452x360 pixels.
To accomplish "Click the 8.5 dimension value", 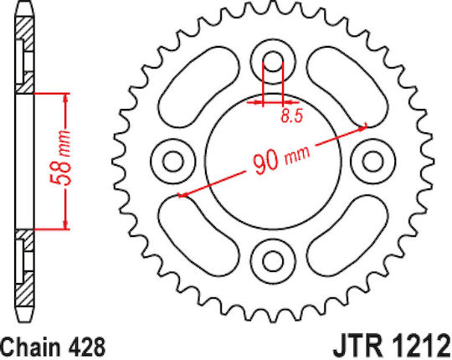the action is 292,116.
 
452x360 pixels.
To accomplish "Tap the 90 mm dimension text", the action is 281,160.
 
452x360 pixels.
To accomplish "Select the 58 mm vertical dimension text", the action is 60,157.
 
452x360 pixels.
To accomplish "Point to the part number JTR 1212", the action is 392,346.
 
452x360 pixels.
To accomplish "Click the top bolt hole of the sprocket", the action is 273,61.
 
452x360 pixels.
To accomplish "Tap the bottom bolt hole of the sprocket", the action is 273,262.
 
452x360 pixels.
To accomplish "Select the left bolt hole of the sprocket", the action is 173,162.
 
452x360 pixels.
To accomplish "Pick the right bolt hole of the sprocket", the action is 372,162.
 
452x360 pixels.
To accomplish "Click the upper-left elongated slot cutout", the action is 198,87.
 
